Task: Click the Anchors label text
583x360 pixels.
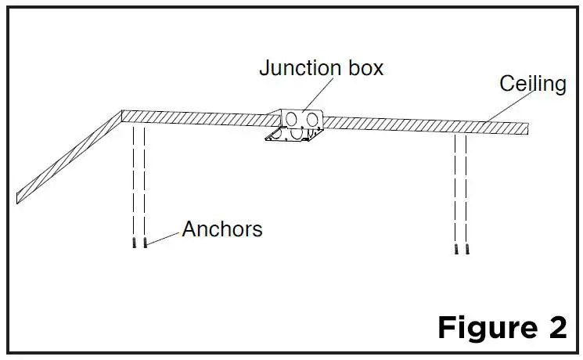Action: (222, 229)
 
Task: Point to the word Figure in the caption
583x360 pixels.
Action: (487, 326)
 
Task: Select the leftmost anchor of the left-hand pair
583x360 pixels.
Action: (135, 243)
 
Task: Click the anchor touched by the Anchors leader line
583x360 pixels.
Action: (146, 243)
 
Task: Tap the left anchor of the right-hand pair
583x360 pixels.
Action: (455, 249)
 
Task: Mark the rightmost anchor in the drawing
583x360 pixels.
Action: (466, 249)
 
